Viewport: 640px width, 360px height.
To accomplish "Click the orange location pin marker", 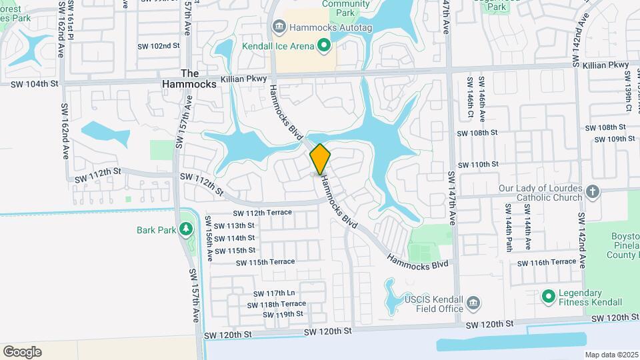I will click(320, 159).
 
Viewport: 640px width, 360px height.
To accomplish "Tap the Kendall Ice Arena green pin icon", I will click(324, 45).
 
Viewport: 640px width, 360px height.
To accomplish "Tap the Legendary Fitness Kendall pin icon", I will click(549, 295).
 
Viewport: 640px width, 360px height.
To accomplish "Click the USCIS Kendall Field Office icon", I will click(473, 303).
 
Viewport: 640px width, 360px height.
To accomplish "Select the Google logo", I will click(22, 351).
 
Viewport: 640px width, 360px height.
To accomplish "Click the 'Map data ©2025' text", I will click(611, 355).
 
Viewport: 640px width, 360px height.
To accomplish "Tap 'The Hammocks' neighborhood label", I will click(189, 79).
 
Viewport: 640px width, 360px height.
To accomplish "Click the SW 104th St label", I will click(36, 84).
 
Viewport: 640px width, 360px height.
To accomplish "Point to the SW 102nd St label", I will click(159, 46).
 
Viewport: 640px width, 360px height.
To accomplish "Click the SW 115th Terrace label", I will click(265, 261).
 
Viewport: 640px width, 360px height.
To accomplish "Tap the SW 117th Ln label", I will click(273, 293).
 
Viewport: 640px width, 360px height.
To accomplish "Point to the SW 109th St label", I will click(613, 139).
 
